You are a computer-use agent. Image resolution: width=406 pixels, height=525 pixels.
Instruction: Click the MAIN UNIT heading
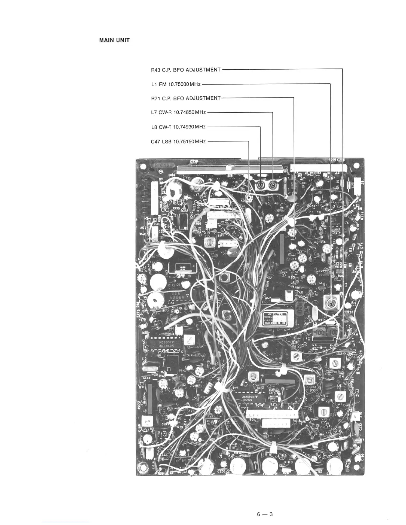point(114,40)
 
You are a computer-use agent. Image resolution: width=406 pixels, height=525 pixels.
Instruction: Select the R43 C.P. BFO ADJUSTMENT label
point(185,70)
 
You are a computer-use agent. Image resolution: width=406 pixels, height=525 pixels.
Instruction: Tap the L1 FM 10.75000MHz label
point(175,84)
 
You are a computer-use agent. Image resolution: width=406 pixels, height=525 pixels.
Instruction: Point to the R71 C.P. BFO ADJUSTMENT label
point(185,98)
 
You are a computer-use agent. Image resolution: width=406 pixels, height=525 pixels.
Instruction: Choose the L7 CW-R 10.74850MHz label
point(178,112)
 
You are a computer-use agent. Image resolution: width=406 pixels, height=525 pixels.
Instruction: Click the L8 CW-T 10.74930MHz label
point(178,127)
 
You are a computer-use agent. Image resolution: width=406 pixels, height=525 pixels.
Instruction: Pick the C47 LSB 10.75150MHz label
point(178,141)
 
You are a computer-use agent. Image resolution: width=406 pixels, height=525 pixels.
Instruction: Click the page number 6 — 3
point(264,505)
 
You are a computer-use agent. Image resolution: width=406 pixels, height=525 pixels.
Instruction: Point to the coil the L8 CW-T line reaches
point(260,185)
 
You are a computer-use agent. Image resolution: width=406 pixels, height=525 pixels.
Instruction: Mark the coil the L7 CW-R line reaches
point(273,185)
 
